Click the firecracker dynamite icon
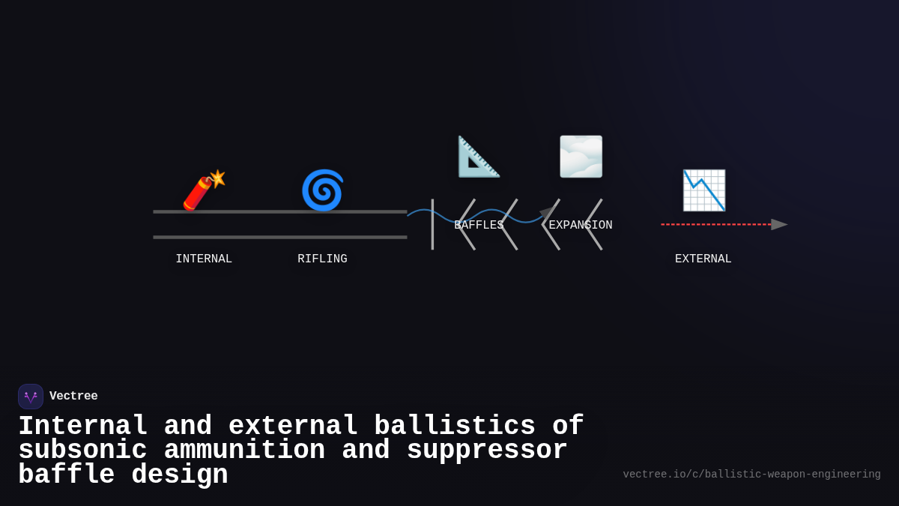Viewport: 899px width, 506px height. [203, 190]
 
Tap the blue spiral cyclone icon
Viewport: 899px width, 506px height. [322, 190]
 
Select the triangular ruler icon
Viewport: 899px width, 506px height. [479, 157]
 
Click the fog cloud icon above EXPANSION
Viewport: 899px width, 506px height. [581, 157]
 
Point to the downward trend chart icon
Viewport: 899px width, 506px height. [703, 190]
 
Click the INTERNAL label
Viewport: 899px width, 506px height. [204, 259]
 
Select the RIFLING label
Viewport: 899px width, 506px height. [322, 259]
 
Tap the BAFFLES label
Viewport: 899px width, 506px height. [479, 226]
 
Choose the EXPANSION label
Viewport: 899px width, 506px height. [581, 226]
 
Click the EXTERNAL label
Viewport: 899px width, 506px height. [703, 259]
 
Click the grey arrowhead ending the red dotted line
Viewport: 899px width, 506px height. [779, 224]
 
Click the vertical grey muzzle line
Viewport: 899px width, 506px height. [432, 224]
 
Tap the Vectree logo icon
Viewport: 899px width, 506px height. [31, 397]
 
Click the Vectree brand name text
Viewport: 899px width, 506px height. [73, 397]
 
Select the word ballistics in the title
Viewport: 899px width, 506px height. [455, 427]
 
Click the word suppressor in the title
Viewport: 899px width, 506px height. [487, 451]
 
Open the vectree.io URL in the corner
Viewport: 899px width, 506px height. [751, 475]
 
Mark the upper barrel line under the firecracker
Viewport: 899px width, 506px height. [280, 211]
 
